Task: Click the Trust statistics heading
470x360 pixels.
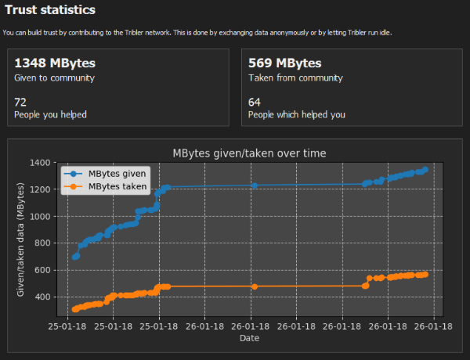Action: [50, 10]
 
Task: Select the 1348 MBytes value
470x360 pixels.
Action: [55, 63]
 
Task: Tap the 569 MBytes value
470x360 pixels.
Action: [285, 63]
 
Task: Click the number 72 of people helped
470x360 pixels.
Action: [20, 103]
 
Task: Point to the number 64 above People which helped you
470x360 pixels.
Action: [254, 103]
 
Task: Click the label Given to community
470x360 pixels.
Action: [54, 78]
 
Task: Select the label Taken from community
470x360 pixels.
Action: [295, 78]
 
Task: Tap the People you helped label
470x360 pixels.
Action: [50, 115]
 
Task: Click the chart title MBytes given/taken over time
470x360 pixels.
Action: [249, 153]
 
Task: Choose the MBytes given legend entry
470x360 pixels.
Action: [105, 174]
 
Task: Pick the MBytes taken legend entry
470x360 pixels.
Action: [105, 186]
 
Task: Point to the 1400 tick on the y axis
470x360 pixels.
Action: [40, 163]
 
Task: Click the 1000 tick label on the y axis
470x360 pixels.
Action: [40, 216]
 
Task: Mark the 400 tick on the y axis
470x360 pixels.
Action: [43, 297]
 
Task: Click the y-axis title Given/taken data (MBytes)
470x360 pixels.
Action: [20, 239]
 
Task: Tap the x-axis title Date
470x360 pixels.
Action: [249, 338]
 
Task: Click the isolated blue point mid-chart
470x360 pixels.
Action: [255, 185]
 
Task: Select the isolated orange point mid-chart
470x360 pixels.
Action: [255, 286]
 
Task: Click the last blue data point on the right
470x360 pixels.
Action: [425, 170]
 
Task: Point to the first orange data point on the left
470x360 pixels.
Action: [75, 309]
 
